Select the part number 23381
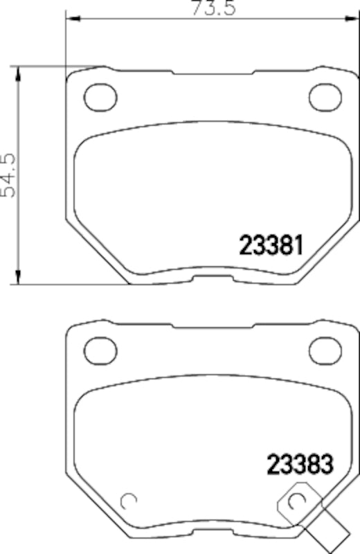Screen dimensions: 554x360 click(x=271, y=244)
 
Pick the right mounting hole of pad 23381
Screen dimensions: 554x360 click(x=323, y=96)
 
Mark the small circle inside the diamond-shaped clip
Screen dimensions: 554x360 click(x=298, y=500)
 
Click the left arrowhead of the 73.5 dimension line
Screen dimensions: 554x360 click(x=69, y=21)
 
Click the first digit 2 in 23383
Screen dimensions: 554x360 click(x=271, y=462)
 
